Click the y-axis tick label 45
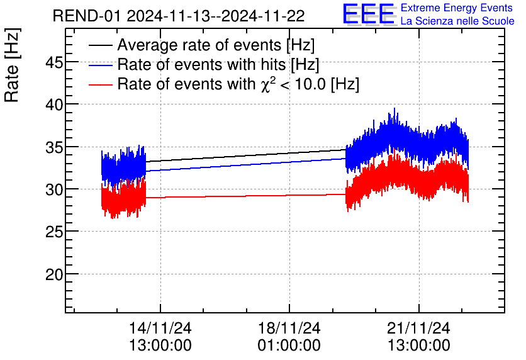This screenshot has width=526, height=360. pyautogui.click(x=48, y=62)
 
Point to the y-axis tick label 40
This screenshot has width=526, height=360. pyautogui.click(x=48, y=104)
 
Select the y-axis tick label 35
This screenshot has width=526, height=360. pyautogui.click(x=48, y=147)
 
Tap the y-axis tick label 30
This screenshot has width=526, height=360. pyautogui.click(x=48, y=189)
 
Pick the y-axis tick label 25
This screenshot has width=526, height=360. pyautogui.click(x=48, y=232)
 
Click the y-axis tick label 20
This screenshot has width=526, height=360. pyautogui.click(x=48, y=274)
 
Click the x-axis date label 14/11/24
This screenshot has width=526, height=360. pyautogui.click(x=160, y=329)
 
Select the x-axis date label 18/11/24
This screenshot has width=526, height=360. pyautogui.click(x=289, y=329)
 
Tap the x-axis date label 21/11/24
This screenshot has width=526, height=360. pyautogui.click(x=418, y=329)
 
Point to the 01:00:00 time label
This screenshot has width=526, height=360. pyautogui.click(x=289, y=346)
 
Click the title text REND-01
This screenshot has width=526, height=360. pyautogui.click(x=87, y=16)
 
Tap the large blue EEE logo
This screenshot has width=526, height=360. pyautogui.click(x=369, y=15)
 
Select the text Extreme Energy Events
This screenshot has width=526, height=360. pyautogui.click(x=457, y=8)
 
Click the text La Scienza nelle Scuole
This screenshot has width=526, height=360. pyautogui.click(x=457, y=21)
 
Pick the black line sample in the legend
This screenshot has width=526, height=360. pyautogui.click(x=101, y=45)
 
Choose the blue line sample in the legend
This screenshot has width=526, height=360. pyautogui.click(x=101, y=65)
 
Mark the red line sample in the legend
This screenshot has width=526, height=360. pyautogui.click(x=101, y=84)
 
